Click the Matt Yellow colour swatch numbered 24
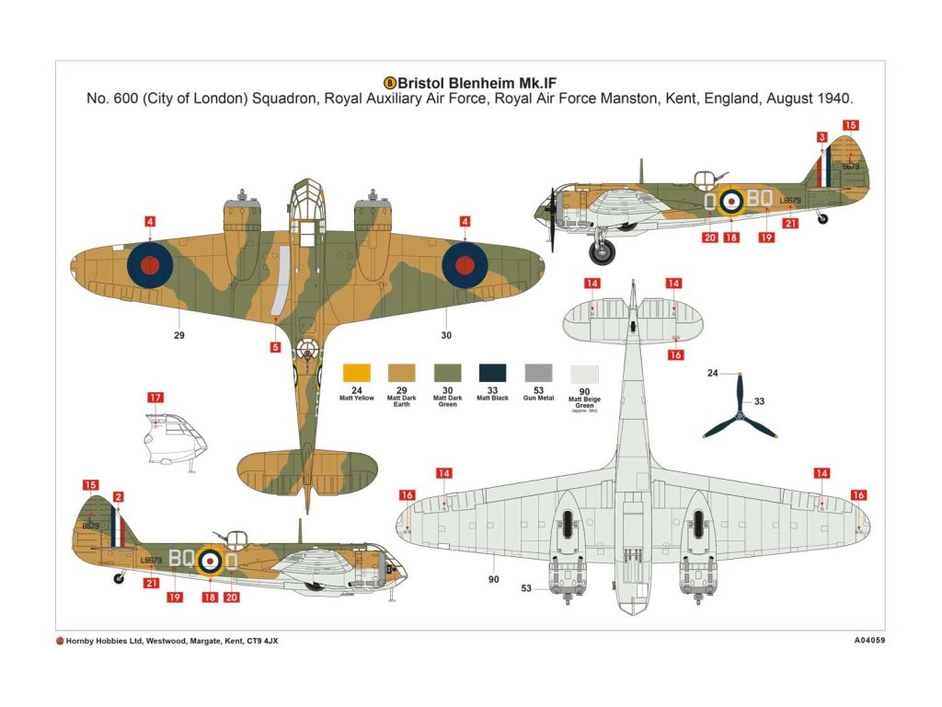point(356,373)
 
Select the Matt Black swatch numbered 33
point(492,373)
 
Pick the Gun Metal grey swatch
point(538,373)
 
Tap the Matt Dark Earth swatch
point(402,373)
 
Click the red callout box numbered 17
point(155,398)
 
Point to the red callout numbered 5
point(276,347)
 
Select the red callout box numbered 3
point(821,137)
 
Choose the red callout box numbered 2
point(118,497)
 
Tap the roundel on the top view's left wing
point(149,265)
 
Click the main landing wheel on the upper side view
point(603,249)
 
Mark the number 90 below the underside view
point(493,579)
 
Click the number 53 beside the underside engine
point(526,588)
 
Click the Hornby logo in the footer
point(60,641)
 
